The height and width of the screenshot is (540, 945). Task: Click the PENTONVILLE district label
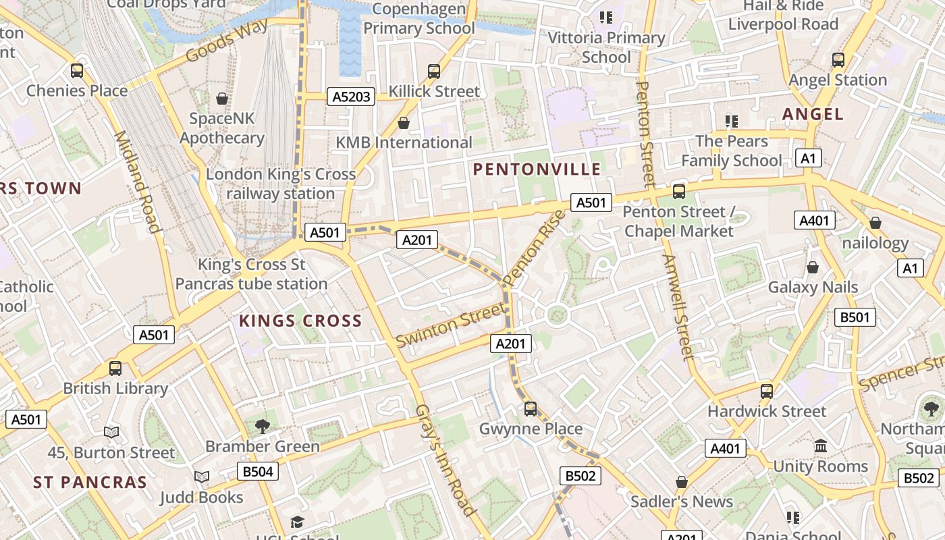537,169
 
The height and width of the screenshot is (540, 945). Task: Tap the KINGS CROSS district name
300,321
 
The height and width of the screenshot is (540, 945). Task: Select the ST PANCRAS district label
90,482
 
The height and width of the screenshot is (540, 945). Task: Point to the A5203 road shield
352,97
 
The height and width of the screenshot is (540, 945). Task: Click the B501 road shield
855,317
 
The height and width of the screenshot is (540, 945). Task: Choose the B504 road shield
258,471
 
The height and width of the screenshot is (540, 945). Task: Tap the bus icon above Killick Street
434,71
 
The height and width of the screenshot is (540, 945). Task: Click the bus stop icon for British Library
115,369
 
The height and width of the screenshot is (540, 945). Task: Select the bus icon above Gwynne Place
531,408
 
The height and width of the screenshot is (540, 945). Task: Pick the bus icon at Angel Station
838,60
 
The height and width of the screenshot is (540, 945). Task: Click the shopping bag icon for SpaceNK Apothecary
222,99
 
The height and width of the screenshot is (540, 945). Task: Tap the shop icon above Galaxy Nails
813,267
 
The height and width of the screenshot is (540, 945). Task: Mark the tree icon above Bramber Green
263,426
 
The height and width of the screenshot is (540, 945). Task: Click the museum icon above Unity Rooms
821,446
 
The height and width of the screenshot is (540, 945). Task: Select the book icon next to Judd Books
202,477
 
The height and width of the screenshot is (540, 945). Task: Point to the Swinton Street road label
450,325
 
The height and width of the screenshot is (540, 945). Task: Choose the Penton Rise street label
534,248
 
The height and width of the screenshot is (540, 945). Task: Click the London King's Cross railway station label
280,184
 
